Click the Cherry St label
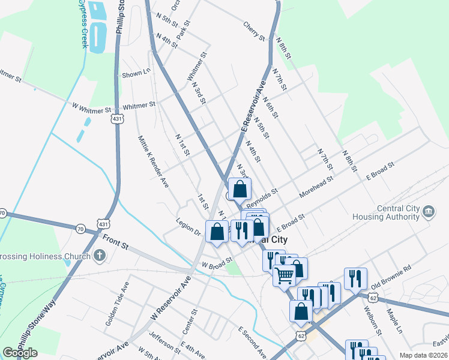254,32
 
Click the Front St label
115,242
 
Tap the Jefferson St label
164,342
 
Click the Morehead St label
316,183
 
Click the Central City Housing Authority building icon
429,212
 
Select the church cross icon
100,256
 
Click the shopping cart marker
285,275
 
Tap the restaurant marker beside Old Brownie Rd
355,278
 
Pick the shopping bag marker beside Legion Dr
217,231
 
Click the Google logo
20,353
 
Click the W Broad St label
217,263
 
